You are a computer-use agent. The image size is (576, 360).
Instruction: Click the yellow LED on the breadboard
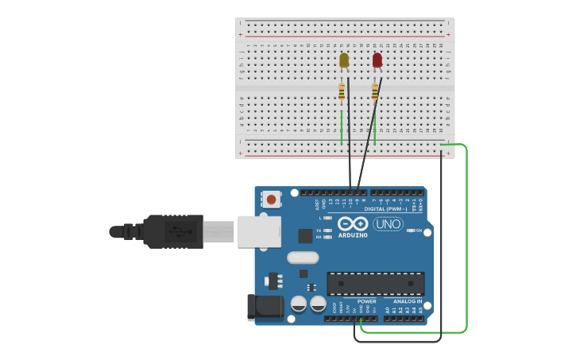(344, 60)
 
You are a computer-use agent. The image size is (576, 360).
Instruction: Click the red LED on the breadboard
(377, 60)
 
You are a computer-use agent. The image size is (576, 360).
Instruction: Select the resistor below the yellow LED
(342, 92)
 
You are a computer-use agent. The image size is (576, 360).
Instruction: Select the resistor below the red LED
(375, 92)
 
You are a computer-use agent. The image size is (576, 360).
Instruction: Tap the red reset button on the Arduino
(272, 199)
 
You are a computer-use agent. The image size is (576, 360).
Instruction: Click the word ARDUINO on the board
(353, 235)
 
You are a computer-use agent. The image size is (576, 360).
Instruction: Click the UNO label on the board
(388, 225)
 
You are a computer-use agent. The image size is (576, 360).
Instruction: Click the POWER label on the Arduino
(367, 301)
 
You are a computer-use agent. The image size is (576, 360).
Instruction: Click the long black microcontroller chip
(375, 283)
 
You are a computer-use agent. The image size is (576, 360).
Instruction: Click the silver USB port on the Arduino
(259, 231)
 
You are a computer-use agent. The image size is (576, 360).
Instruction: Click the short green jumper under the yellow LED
(342, 127)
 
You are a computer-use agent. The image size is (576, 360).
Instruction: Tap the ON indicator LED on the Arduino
(410, 230)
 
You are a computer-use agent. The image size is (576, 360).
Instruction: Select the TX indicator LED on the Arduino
(327, 230)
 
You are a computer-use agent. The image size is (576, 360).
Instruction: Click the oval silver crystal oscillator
(303, 257)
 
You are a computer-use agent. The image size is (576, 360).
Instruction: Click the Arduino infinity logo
(352, 223)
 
